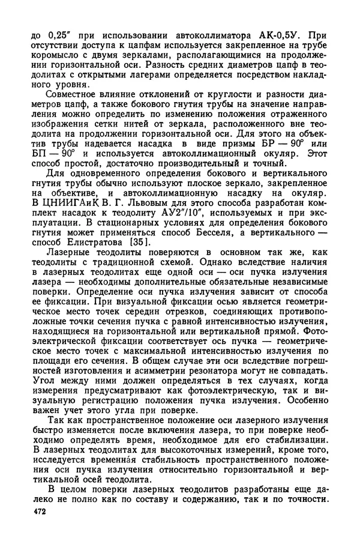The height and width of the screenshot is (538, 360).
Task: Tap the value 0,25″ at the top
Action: (55, 35)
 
